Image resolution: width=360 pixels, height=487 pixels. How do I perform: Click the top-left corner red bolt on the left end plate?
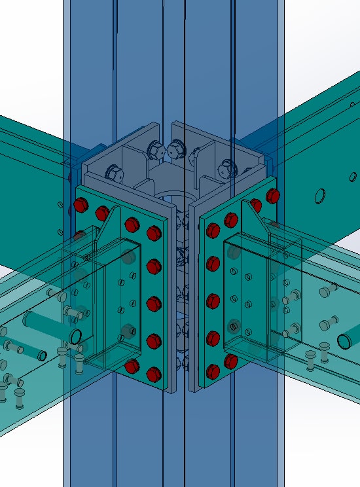pyautogui.click(x=81, y=205)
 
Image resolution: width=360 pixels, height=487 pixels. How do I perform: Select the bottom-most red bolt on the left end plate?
pyautogui.click(x=154, y=374)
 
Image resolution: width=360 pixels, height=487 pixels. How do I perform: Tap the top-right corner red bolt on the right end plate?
pyautogui.click(x=273, y=195)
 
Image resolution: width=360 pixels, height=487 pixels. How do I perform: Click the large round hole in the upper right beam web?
pyautogui.click(x=320, y=196)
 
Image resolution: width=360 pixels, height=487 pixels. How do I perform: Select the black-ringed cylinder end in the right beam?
pyautogui.click(x=346, y=341)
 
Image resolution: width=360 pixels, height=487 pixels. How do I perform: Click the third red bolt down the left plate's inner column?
pyautogui.click(x=154, y=304)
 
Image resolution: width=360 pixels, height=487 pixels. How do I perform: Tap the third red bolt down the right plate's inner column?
pyautogui.click(x=213, y=301)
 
